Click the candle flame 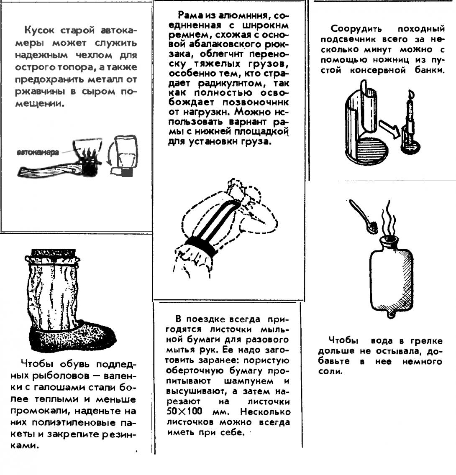[x=411, y=94]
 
